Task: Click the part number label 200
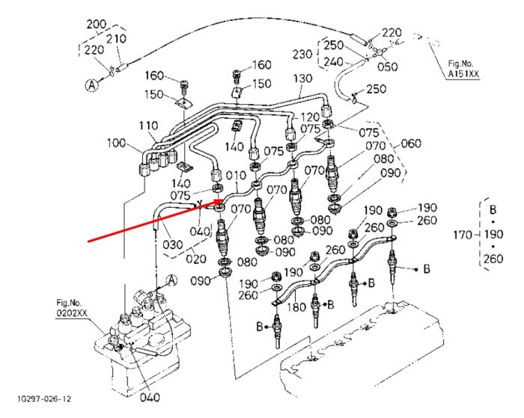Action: point(97,25)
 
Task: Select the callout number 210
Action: point(116,39)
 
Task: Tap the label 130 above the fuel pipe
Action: point(302,79)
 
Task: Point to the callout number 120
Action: point(310,117)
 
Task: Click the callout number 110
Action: point(148,126)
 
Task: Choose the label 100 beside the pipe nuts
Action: point(116,144)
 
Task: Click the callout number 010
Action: point(236,175)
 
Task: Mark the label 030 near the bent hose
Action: point(173,245)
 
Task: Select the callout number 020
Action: point(196,259)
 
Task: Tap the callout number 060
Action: point(411,144)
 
